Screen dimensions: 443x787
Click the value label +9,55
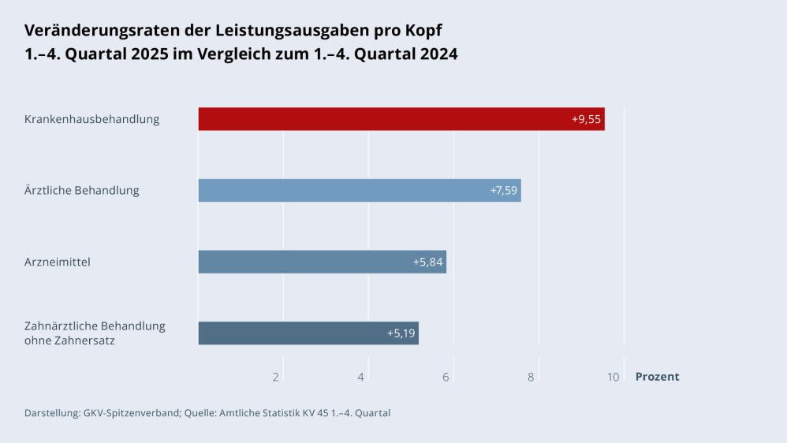click(586, 119)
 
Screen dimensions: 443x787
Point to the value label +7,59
click(502, 191)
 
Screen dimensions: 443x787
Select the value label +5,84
click(428, 262)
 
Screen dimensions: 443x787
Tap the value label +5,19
click(401, 333)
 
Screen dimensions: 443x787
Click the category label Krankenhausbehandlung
click(91, 119)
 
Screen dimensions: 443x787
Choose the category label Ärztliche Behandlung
click(81, 191)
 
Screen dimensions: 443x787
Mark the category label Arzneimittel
click(57, 262)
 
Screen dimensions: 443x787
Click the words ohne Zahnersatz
click(69, 341)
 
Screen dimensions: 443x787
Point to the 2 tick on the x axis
click(276, 377)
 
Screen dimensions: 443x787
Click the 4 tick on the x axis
click(360, 377)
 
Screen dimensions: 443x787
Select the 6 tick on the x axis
click(446, 377)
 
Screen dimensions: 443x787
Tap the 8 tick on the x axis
click(531, 377)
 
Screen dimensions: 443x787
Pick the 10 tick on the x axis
click(613, 377)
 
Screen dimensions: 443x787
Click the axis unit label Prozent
click(657, 377)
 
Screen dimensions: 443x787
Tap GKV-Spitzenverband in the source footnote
click(131, 412)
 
